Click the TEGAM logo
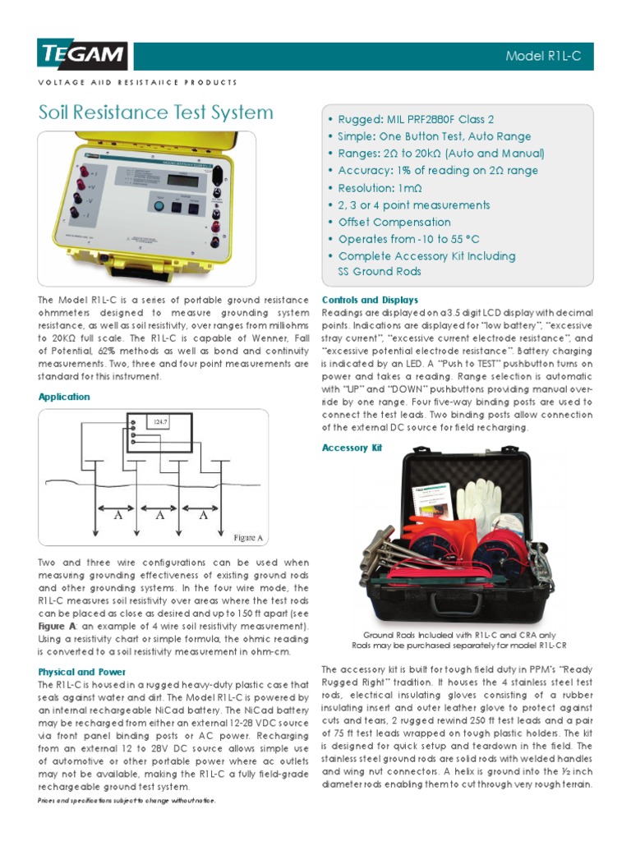point(83,56)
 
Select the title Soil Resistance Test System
point(156,113)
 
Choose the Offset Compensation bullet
point(394,223)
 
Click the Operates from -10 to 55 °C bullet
point(408,240)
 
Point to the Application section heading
point(64,397)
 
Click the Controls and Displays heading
point(370,300)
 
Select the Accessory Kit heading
point(352,448)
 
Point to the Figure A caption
point(248,538)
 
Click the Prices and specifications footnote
point(127,800)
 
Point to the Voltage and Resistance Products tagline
point(138,82)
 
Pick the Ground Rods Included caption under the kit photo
point(458,635)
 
